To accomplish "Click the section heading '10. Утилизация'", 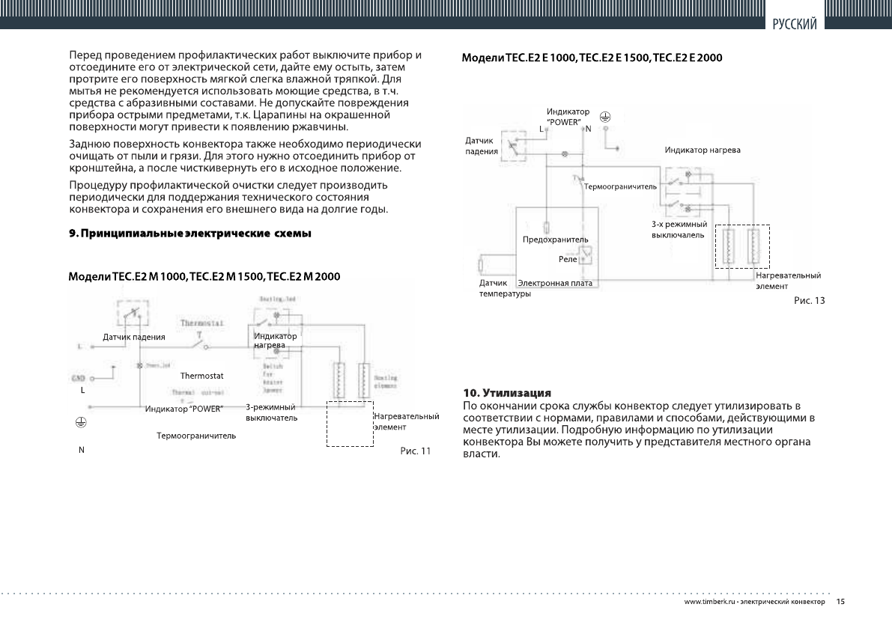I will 507,392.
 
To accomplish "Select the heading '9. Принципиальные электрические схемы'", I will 189,234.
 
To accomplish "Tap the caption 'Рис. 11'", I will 416,451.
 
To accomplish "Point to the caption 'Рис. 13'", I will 809,300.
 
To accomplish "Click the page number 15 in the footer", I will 840,602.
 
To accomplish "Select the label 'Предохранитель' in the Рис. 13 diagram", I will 555,240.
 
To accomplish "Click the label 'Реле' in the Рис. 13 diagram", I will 567,258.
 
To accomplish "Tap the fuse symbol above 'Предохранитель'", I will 548,226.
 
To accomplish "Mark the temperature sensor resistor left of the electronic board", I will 482,264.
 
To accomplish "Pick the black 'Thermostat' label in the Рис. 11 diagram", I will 202,374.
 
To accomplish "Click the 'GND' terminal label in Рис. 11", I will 78,379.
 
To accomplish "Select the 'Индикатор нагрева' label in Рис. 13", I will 703,150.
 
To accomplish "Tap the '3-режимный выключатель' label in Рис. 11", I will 271,412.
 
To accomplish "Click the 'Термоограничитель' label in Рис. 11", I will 196,435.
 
